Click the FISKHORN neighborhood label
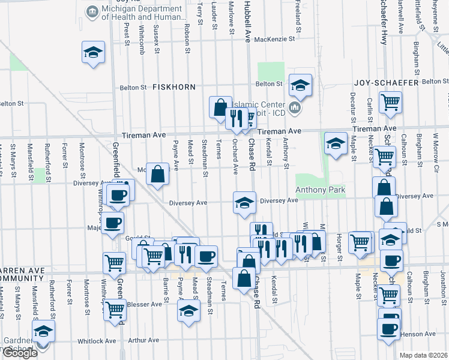(x=174, y=87)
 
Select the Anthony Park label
(x=321, y=190)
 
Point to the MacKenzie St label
(x=275, y=39)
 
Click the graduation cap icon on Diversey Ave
(x=244, y=203)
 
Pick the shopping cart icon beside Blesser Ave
(x=114, y=310)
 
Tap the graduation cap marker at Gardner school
(x=43, y=331)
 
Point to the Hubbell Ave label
(x=246, y=21)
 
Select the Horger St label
(x=340, y=248)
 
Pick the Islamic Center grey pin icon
(x=294, y=107)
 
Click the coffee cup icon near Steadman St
(x=206, y=256)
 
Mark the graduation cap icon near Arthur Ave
(x=188, y=311)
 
